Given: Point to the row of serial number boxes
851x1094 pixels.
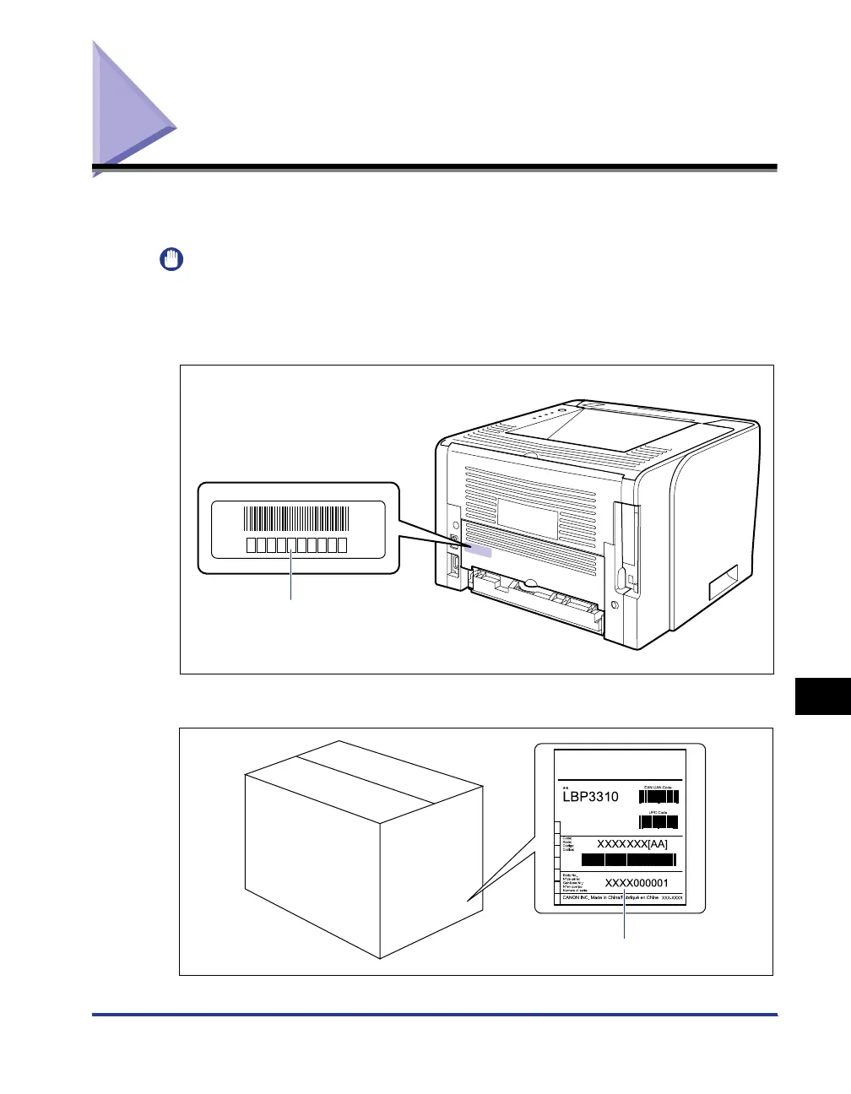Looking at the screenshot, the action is coord(297,544).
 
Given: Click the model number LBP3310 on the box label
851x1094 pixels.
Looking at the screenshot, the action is coord(590,796).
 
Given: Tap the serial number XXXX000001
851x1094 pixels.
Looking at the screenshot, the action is coord(636,883).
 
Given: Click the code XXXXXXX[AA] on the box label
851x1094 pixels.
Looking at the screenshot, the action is coord(632,843).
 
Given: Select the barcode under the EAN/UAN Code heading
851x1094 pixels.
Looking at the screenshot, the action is coord(659,796).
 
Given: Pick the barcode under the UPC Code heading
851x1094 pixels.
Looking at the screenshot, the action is coord(659,821).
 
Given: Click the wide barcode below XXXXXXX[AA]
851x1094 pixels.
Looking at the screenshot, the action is coord(628,860).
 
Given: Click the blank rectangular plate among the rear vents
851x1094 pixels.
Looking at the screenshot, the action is coord(527,517).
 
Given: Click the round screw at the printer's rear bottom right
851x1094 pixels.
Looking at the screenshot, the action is coord(614,606).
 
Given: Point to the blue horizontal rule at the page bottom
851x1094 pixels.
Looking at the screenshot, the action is coord(434,1015).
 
